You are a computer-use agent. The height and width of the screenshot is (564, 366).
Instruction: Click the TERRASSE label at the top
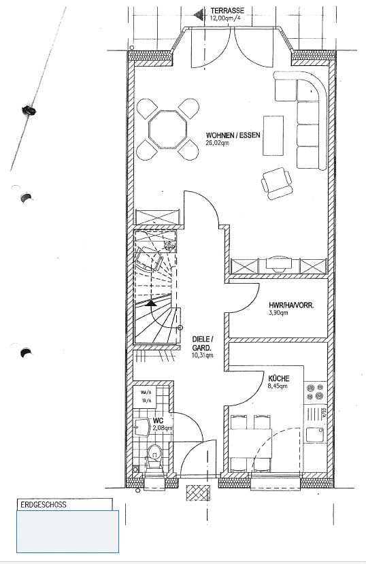click(227, 11)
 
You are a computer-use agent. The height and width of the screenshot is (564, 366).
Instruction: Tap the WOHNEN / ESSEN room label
click(235, 134)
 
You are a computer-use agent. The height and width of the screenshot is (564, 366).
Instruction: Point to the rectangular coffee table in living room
click(274, 135)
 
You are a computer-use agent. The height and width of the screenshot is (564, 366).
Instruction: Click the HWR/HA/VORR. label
click(291, 305)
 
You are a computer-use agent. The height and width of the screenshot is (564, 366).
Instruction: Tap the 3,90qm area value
click(280, 314)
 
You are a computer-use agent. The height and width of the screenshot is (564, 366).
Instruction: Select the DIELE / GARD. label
click(203, 343)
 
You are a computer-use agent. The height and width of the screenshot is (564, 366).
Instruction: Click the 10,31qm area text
click(203, 355)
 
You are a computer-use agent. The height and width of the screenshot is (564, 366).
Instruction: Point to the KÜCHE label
click(279, 378)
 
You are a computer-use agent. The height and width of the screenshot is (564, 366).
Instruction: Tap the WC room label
click(158, 420)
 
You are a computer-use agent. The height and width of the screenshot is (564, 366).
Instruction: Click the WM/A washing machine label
click(146, 392)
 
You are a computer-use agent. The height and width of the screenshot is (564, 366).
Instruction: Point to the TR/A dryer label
click(146, 401)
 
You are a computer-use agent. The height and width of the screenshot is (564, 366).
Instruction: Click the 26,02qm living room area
click(219, 143)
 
